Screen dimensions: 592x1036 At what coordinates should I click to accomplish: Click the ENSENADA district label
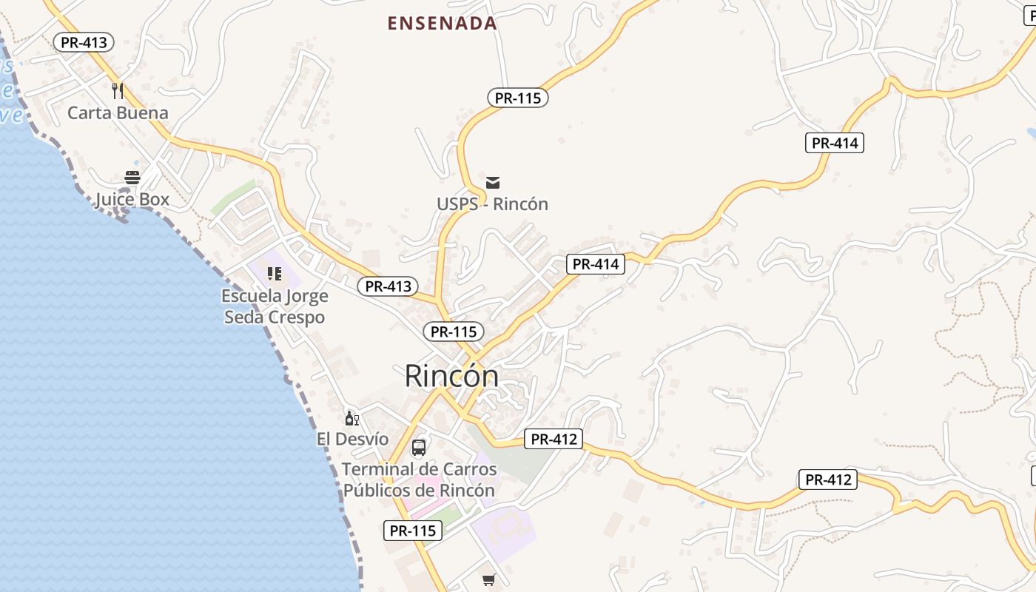(442, 23)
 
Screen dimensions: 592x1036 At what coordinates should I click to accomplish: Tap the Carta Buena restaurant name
(118, 113)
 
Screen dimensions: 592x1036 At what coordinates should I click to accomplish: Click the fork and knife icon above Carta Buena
(118, 91)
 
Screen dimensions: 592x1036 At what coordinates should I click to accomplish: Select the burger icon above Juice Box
(132, 178)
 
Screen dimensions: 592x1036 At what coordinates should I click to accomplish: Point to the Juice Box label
(132, 199)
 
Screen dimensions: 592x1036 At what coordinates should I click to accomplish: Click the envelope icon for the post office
(493, 183)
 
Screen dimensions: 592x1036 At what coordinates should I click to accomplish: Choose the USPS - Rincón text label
(492, 204)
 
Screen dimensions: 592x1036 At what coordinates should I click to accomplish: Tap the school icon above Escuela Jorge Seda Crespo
(275, 274)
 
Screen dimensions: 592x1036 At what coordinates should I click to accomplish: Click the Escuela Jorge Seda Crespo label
(274, 306)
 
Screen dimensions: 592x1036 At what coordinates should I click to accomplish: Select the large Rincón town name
(451, 377)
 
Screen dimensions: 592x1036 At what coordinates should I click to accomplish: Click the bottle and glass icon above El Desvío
(352, 419)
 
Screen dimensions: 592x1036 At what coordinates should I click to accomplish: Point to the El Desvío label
(352, 439)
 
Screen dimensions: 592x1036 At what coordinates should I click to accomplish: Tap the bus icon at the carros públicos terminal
(419, 448)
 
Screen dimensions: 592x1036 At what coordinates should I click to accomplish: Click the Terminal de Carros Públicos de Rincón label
(419, 480)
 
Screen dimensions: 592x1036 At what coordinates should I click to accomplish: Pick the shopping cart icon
(488, 579)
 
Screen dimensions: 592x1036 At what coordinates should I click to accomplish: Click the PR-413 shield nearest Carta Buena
(84, 42)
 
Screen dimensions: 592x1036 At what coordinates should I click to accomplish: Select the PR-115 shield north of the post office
(518, 98)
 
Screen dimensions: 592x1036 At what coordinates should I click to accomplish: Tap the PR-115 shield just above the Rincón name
(454, 332)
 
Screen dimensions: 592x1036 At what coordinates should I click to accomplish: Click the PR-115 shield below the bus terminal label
(413, 531)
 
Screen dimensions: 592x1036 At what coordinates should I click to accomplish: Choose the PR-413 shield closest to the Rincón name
(388, 286)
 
